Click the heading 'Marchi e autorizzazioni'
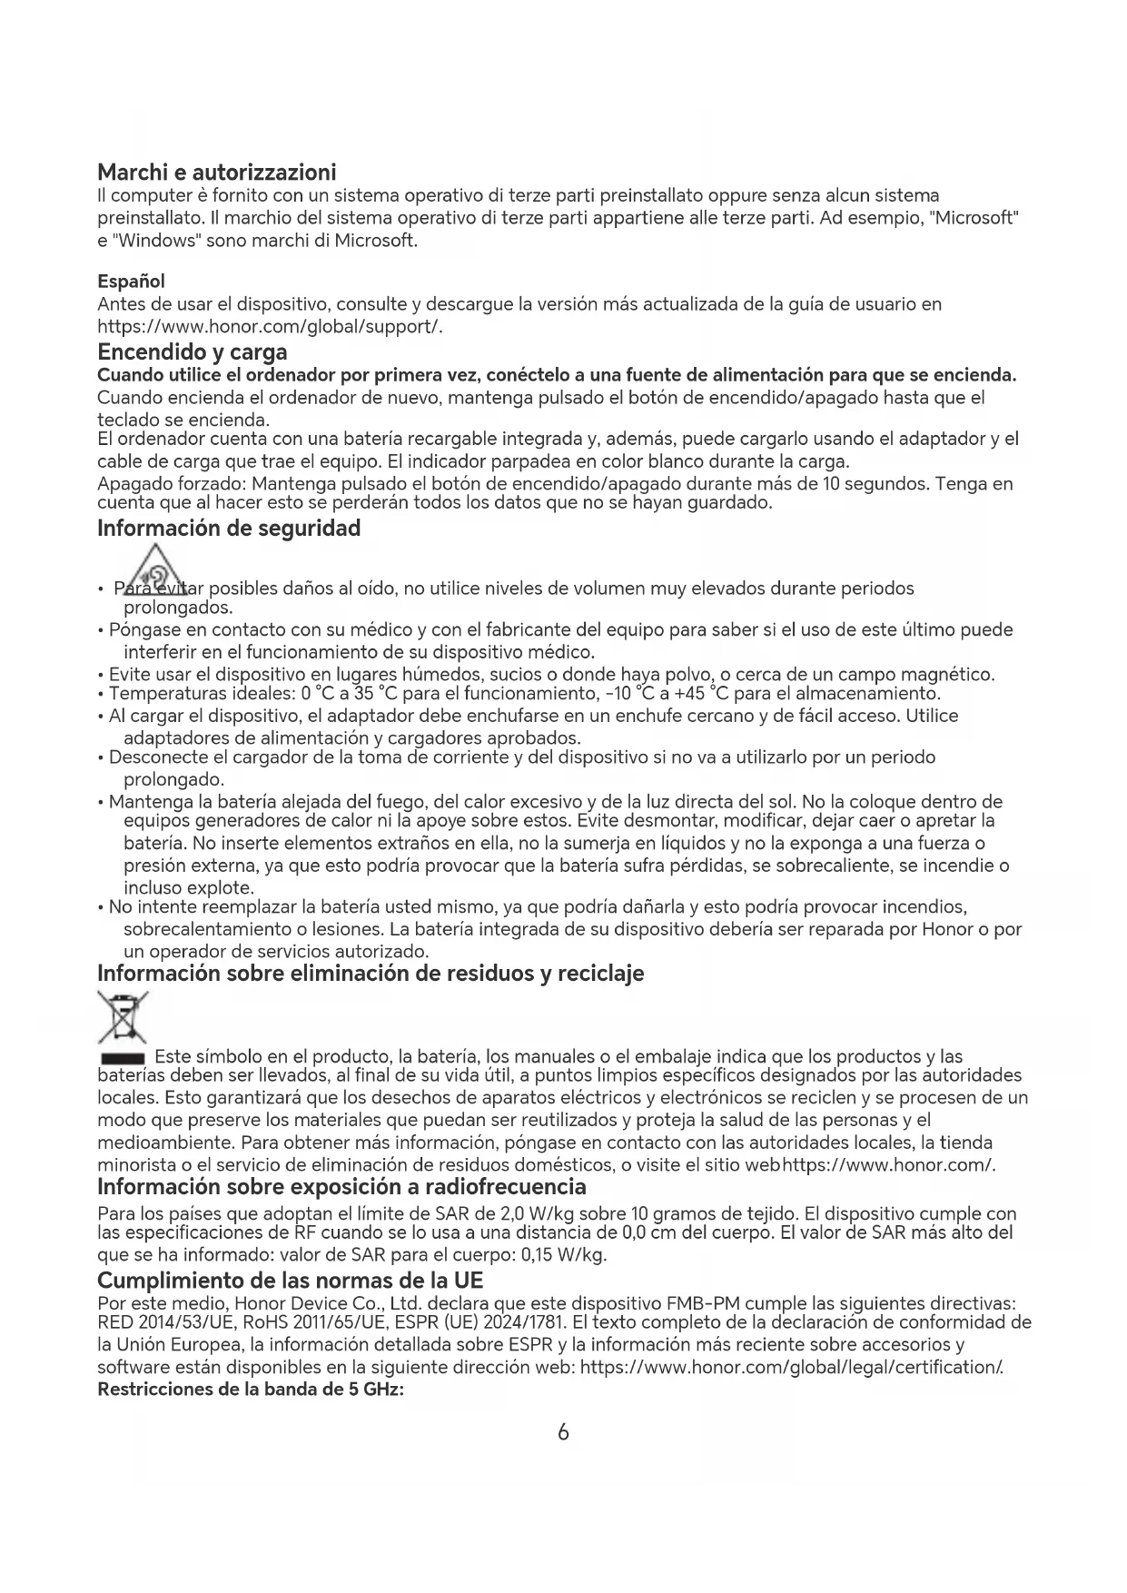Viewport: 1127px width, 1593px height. pyautogui.click(x=216, y=172)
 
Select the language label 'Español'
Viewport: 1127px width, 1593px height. pyautogui.click(x=131, y=282)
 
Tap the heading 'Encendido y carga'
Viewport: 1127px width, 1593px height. pyautogui.click(x=192, y=351)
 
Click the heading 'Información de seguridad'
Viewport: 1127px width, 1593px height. pyautogui.click(x=229, y=528)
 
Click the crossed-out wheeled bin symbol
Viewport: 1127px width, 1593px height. pyautogui.click(x=123, y=1019)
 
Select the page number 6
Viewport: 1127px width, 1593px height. pyautogui.click(x=563, y=1432)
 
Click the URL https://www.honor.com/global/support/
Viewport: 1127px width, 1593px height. pyautogui.click(x=270, y=326)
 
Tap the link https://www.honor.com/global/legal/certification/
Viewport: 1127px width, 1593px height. pyautogui.click(x=791, y=1367)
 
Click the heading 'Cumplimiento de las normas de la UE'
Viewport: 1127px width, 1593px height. pyautogui.click(x=290, y=1281)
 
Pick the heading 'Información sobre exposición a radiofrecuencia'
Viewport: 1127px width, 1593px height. pyautogui.click(x=341, y=1186)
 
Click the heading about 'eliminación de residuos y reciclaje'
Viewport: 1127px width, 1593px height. pyautogui.click(x=371, y=973)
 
